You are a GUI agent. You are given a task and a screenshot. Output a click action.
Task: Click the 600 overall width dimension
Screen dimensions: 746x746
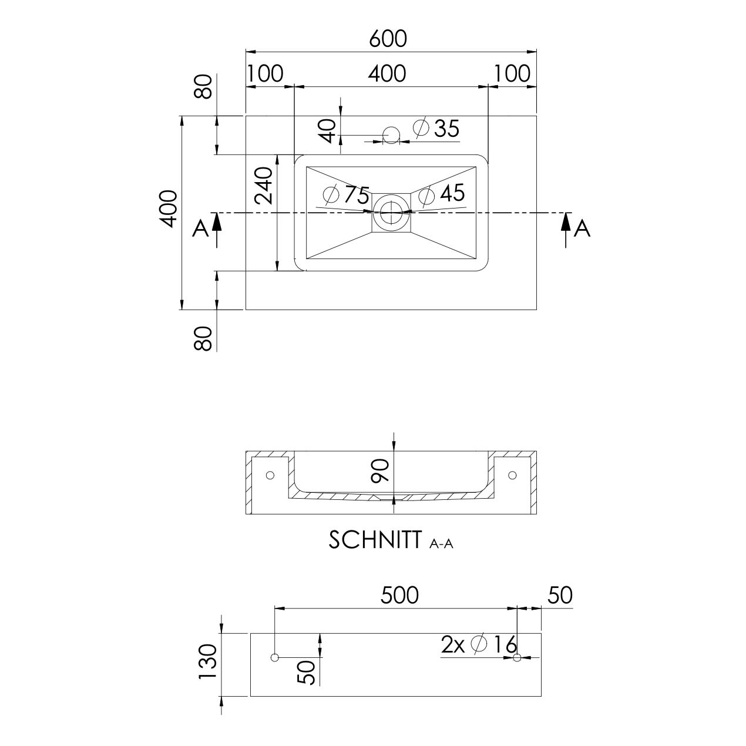388,39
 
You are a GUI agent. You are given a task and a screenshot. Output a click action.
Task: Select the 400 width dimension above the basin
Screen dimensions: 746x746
387,73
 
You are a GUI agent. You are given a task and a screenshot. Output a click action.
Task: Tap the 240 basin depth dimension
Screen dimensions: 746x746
264,186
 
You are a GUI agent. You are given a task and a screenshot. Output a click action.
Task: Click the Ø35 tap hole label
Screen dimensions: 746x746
436,127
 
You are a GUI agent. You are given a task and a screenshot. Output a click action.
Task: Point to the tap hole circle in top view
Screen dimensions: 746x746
391,135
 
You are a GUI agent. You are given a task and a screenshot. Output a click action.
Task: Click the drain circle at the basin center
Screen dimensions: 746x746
391,213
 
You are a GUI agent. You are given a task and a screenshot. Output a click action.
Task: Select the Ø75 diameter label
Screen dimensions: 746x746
346,195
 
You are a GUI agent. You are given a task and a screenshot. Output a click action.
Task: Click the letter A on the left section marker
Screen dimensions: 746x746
200,228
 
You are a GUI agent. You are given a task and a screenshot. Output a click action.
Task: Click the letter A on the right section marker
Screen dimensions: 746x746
582,228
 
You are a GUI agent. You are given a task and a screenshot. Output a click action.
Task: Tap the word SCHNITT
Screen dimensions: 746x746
375,540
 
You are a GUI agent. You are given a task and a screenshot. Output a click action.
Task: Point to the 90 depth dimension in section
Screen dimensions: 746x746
380,471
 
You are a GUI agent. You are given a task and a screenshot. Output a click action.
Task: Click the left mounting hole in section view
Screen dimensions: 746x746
270,475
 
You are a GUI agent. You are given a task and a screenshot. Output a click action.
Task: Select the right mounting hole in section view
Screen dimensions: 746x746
512,475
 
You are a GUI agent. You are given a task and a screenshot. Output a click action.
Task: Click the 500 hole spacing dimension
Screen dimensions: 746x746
399,594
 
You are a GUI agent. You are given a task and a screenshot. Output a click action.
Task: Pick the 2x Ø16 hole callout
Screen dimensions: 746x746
479,644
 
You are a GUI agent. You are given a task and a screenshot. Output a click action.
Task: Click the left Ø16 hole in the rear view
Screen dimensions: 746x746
274,657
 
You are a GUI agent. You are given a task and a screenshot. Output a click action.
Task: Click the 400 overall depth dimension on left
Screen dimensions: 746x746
169,209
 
